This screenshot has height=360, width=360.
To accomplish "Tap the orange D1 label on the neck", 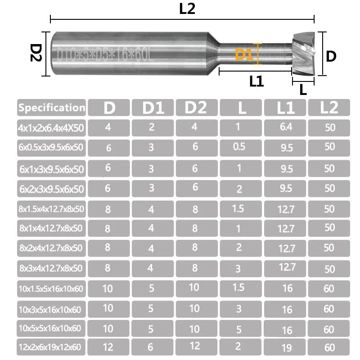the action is (x=243, y=55).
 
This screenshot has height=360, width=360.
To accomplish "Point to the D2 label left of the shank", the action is (x=36, y=54).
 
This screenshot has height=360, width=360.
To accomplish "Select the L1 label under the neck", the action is (x=256, y=81).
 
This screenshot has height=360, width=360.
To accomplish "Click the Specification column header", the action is (x=52, y=108).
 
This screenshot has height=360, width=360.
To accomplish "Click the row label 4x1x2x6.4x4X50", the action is (x=51, y=128).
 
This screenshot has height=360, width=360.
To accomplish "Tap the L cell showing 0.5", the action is (x=239, y=147).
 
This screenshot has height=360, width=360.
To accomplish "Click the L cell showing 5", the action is (x=239, y=329).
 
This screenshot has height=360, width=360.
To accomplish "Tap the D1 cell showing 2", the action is (x=152, y=127).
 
